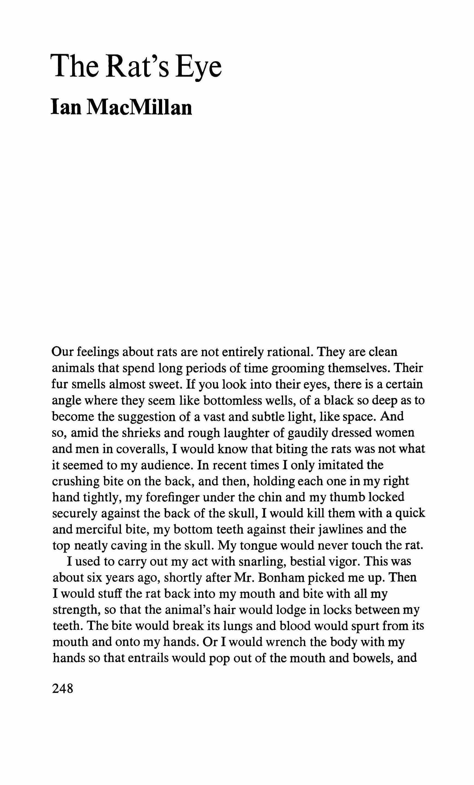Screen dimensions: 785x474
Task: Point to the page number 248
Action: coord(63,689)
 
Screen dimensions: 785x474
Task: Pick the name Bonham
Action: coord(280,578)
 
